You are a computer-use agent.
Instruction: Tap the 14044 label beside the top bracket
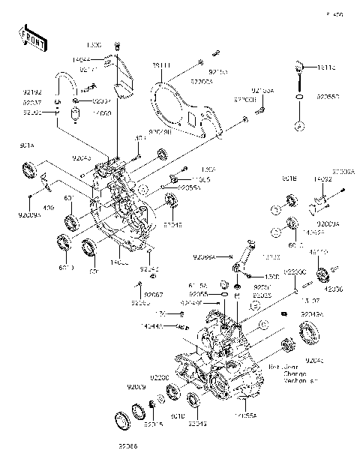(x=103, y=58)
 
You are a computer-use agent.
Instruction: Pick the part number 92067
(x=153, y=295)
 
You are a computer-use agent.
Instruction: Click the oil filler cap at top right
(x=299, y=68)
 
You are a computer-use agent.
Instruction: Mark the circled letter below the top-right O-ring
(x=299, y=126)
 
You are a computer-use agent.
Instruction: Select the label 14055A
(x=245, y=414)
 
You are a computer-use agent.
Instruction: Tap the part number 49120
(x=319, y=253)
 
